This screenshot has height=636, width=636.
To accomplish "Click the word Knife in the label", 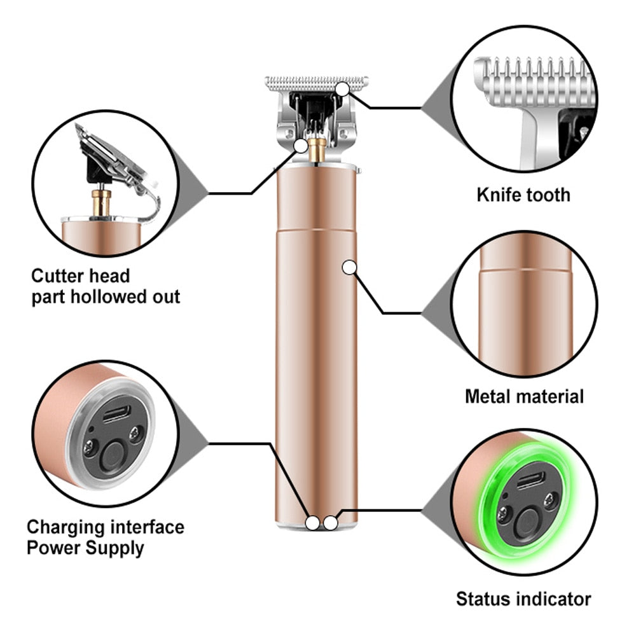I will (x=497, y=195).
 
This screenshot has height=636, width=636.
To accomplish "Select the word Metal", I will (x=488, y=397).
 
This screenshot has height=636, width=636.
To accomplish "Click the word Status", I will (x=480, y=598).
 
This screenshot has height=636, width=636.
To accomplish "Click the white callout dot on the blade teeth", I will (x=343, y=90).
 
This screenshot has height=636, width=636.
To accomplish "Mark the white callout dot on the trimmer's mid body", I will (x=349, y=268).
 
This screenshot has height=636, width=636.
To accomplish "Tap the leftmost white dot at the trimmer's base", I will (x=312, y=523).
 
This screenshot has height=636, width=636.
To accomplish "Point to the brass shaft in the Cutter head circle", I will (x=100, y=201).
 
